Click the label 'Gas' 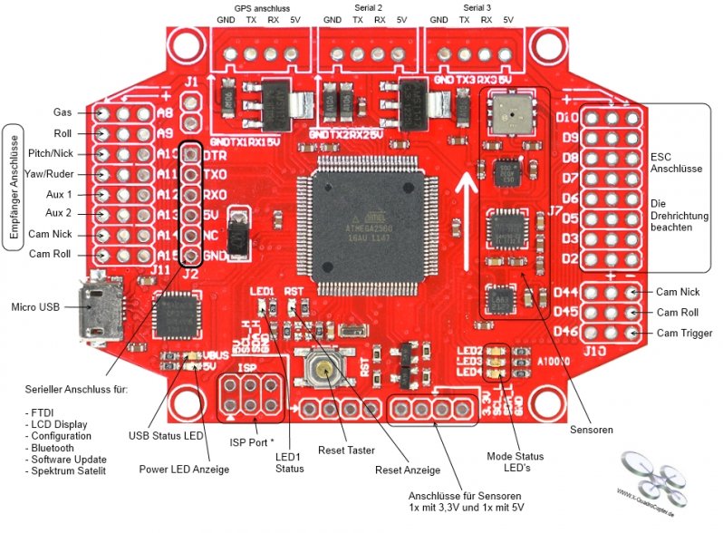(x=63, y=112)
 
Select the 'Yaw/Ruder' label (x=51, y=173)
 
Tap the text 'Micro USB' (x=35, y=307)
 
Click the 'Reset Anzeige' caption (x=408, y=470)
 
